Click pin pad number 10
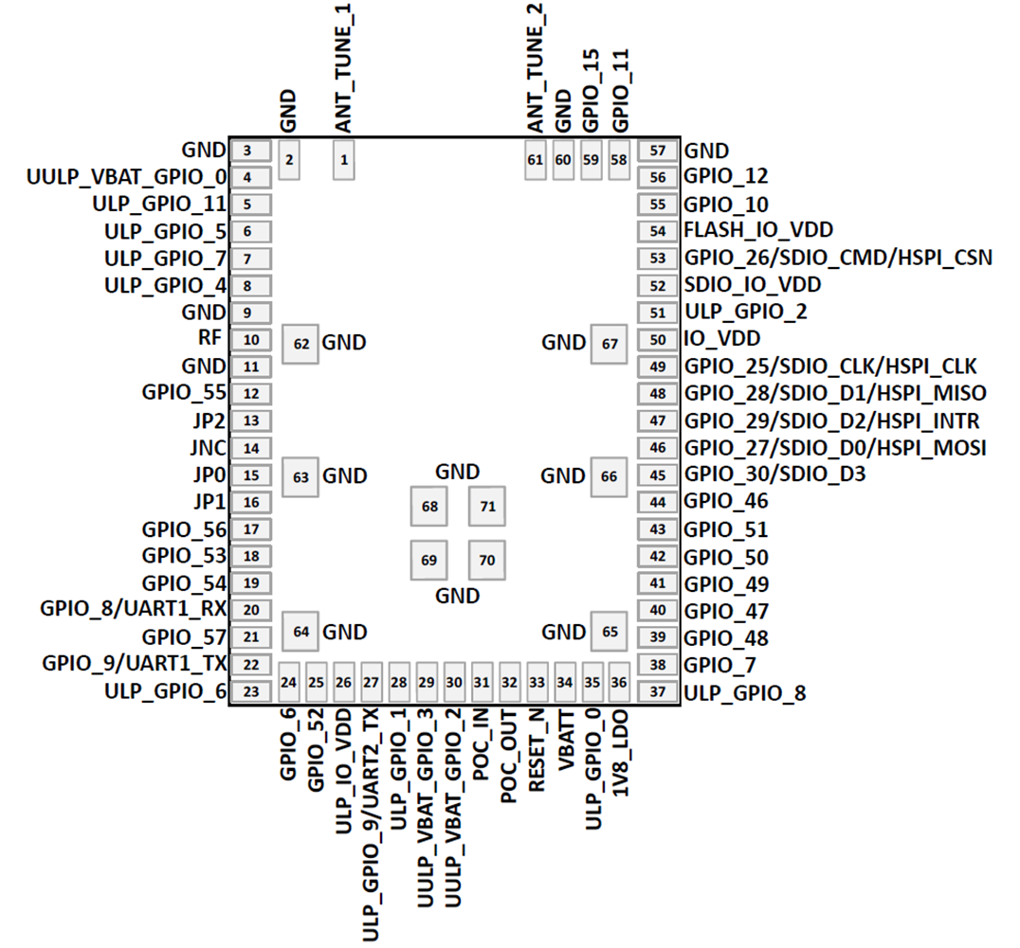point(251,340)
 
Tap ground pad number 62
point(301,344)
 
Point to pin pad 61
point(535,160)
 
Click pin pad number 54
point(658,230)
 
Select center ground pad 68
point(429,507)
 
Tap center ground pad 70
point(487,560)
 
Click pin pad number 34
point(565,682)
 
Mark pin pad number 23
point(251,692)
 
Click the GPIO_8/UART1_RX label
point(134,609)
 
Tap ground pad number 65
point(610,631)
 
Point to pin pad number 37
point(658,692)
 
